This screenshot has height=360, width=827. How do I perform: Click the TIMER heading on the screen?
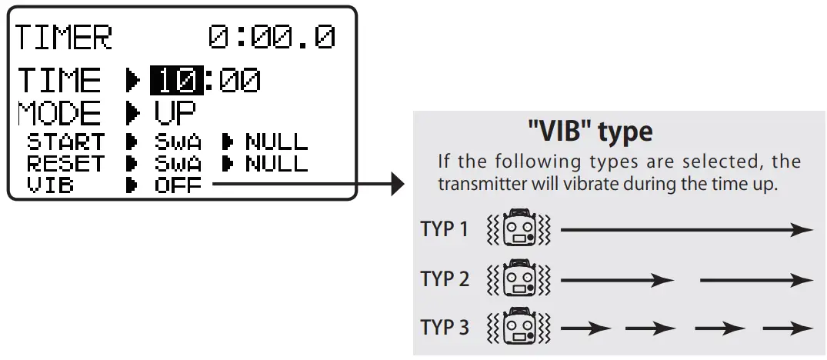(x=65, y=38)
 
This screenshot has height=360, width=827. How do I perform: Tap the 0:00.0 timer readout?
(x=272, y=38)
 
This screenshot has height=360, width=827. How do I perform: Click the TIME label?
(x=59, y=80)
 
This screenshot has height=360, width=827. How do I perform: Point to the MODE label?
(x=59, y=113)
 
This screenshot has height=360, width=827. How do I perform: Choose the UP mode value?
(x=175, y=113)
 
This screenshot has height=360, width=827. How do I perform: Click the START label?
(x=65, y=142)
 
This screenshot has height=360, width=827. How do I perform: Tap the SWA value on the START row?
(x=178, y=142)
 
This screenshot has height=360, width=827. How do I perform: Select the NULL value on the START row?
(x=276, y=142)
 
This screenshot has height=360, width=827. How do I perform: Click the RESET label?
(x=65, y=164)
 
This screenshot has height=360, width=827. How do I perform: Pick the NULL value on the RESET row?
(x=276, y=164)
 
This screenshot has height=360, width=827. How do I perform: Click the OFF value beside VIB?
(x=178, y=185)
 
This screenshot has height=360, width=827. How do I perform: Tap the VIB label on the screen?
(x=51, y=185)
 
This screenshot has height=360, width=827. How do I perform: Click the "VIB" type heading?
(x=590, y=132)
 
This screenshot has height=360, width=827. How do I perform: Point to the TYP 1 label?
(x=444, y=229)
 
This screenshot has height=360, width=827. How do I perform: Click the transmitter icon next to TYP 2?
(x=520, y=278)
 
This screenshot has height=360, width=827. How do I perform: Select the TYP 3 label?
(x=444, y=327)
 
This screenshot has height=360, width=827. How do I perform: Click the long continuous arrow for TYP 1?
(x=686, y=230)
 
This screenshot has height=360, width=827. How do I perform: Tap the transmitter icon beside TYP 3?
(x=520, y=327)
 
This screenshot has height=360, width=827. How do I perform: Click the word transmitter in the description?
(x=479, y=185)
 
